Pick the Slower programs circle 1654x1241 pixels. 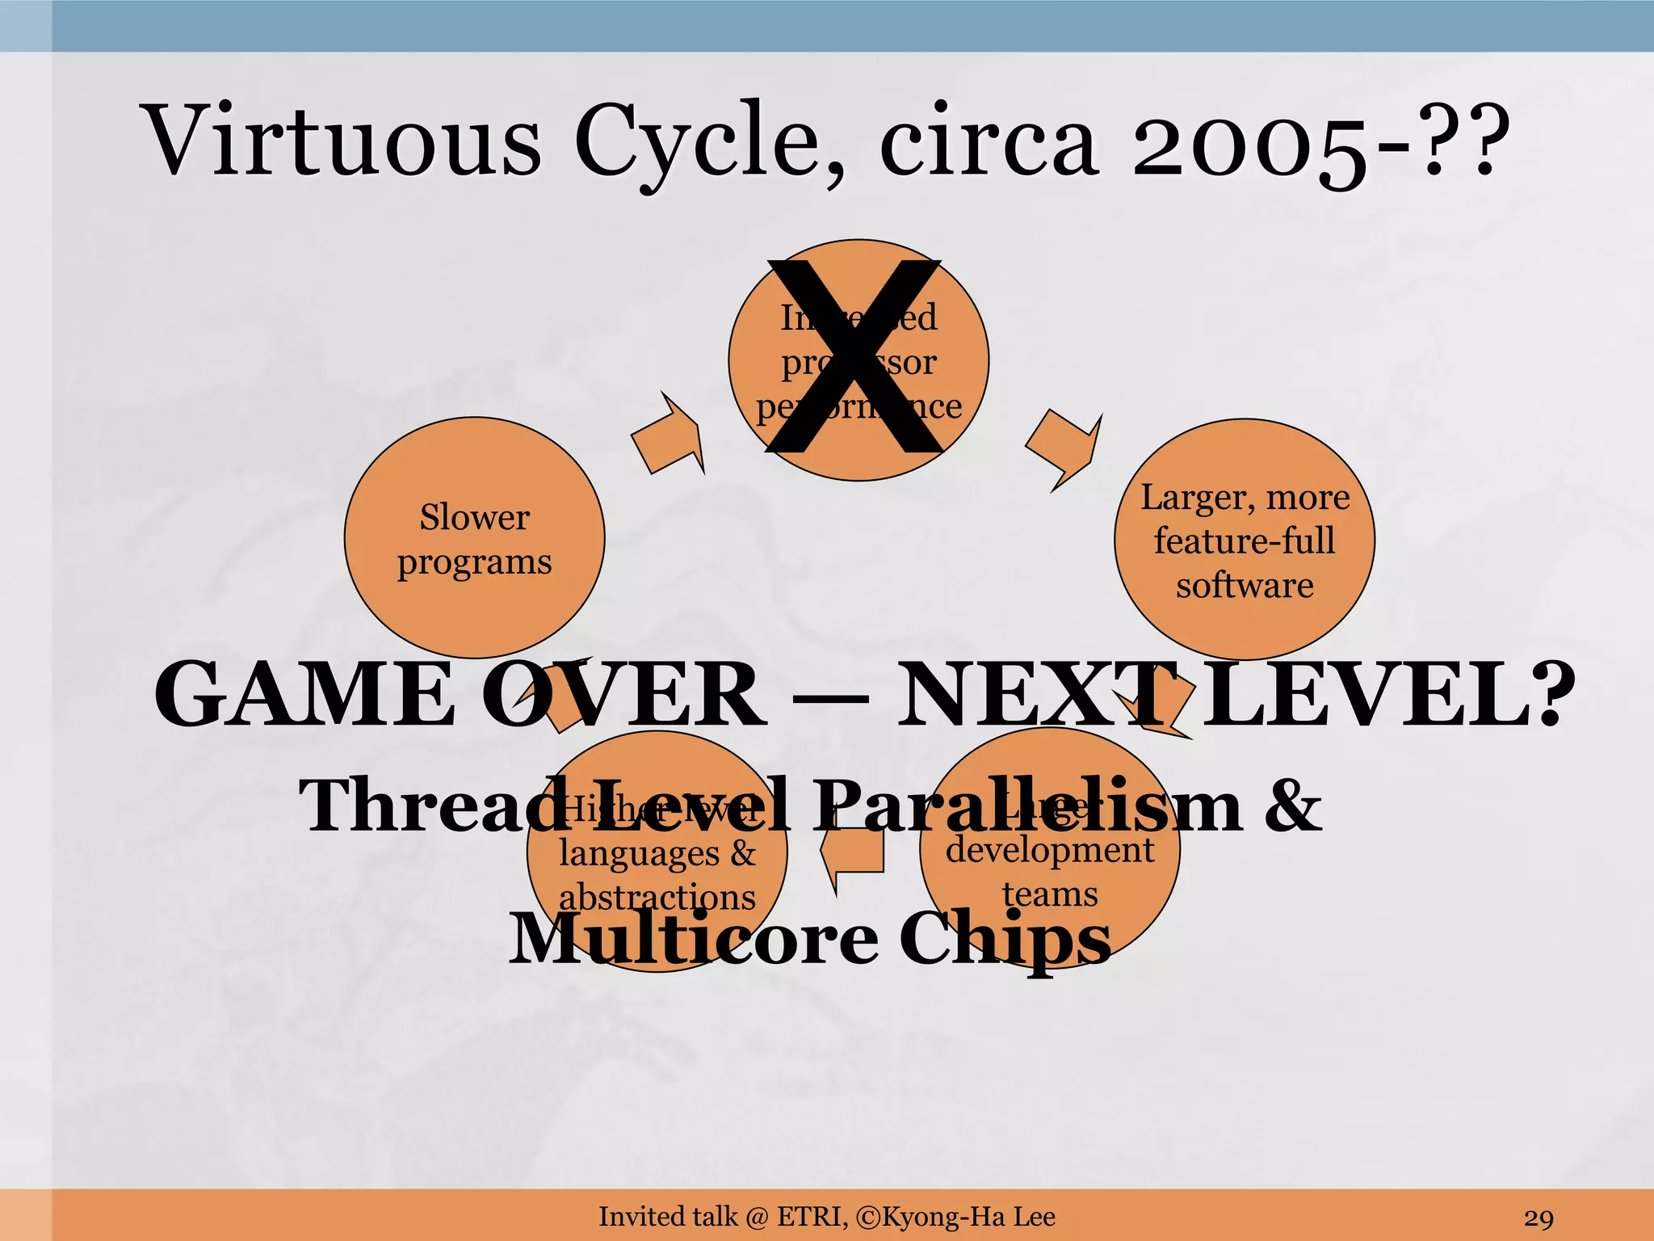pyautogui.click(x=474, y=538)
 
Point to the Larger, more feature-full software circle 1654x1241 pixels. pyautogui.click(x=1244, y=540)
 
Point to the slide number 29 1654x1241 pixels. pyautogui.click(x=1539, y=1218)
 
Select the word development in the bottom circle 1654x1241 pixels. pyautogui.click(x=1050, y=850)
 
